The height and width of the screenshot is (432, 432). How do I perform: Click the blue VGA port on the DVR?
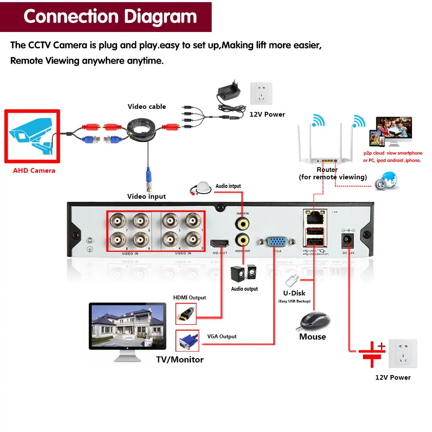pos(276,242)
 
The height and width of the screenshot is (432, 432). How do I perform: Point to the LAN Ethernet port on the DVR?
pos(314,216)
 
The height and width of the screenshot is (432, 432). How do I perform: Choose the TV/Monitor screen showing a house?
pos(127,325)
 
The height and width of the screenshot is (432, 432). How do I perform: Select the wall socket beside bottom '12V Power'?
pos(403,353)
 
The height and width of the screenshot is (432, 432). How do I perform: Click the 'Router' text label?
pos(327,170)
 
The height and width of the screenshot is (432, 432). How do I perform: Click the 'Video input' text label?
pos(146,197)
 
